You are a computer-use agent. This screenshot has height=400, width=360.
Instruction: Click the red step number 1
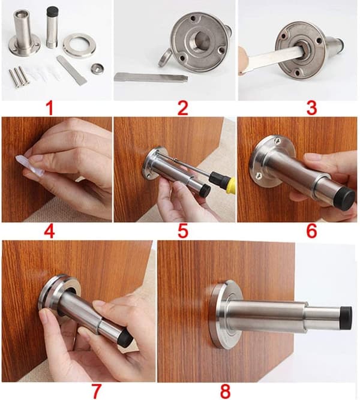(x=50, y=109)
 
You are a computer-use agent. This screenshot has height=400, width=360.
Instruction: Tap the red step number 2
(x=182, y=109)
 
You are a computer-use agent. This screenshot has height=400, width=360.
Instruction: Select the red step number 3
(x=312, y=109)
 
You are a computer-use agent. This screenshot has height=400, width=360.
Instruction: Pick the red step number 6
(x=311, y=231)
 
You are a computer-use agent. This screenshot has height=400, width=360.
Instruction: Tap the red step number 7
(x=97, y=392)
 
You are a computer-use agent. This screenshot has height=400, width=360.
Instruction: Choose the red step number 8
(x=225, y=392)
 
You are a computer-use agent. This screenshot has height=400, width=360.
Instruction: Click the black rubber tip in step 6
(x=346, y=199)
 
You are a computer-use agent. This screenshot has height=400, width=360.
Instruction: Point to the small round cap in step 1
(x=97, y=68)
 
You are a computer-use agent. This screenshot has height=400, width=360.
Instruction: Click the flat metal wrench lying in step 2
(x=151, y=77)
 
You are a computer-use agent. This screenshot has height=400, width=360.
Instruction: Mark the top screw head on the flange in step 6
(x=278, y=140)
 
